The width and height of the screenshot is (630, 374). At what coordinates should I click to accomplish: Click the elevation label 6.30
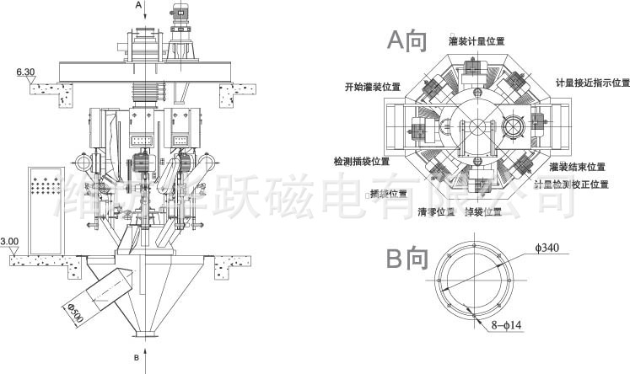24,72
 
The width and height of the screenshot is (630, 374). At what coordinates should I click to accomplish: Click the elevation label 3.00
9,242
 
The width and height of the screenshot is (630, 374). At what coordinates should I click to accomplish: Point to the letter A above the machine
139,5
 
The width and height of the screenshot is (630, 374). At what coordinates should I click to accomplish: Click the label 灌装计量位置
477,40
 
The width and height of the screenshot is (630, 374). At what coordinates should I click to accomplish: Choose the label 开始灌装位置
372,86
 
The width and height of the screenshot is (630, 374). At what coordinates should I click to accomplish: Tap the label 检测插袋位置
361,160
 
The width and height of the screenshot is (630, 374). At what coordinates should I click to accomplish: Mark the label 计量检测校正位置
571,183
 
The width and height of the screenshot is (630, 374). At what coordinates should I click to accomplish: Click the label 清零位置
436,211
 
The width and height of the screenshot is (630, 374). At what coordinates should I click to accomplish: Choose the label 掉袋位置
487,211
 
